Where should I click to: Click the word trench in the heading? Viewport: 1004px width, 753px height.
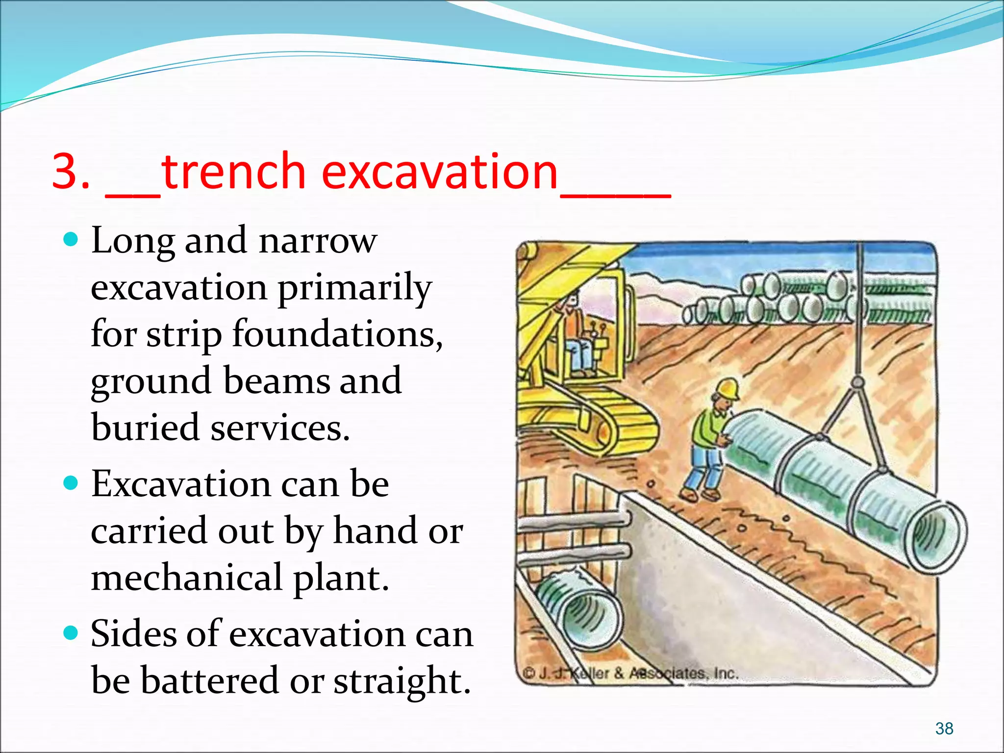tap(233, 172)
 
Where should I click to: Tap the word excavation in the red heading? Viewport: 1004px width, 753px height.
tap(440, 172)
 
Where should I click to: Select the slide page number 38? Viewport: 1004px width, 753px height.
tap(944, 728)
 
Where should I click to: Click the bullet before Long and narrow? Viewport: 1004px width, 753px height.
tap(72, 239)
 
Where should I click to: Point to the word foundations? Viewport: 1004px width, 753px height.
tap(337, 334)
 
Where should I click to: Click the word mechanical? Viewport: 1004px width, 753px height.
tap(187, 578)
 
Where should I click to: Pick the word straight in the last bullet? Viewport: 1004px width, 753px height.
tap(402, 681)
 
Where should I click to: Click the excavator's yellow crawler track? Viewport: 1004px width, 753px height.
tap(613, 422)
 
